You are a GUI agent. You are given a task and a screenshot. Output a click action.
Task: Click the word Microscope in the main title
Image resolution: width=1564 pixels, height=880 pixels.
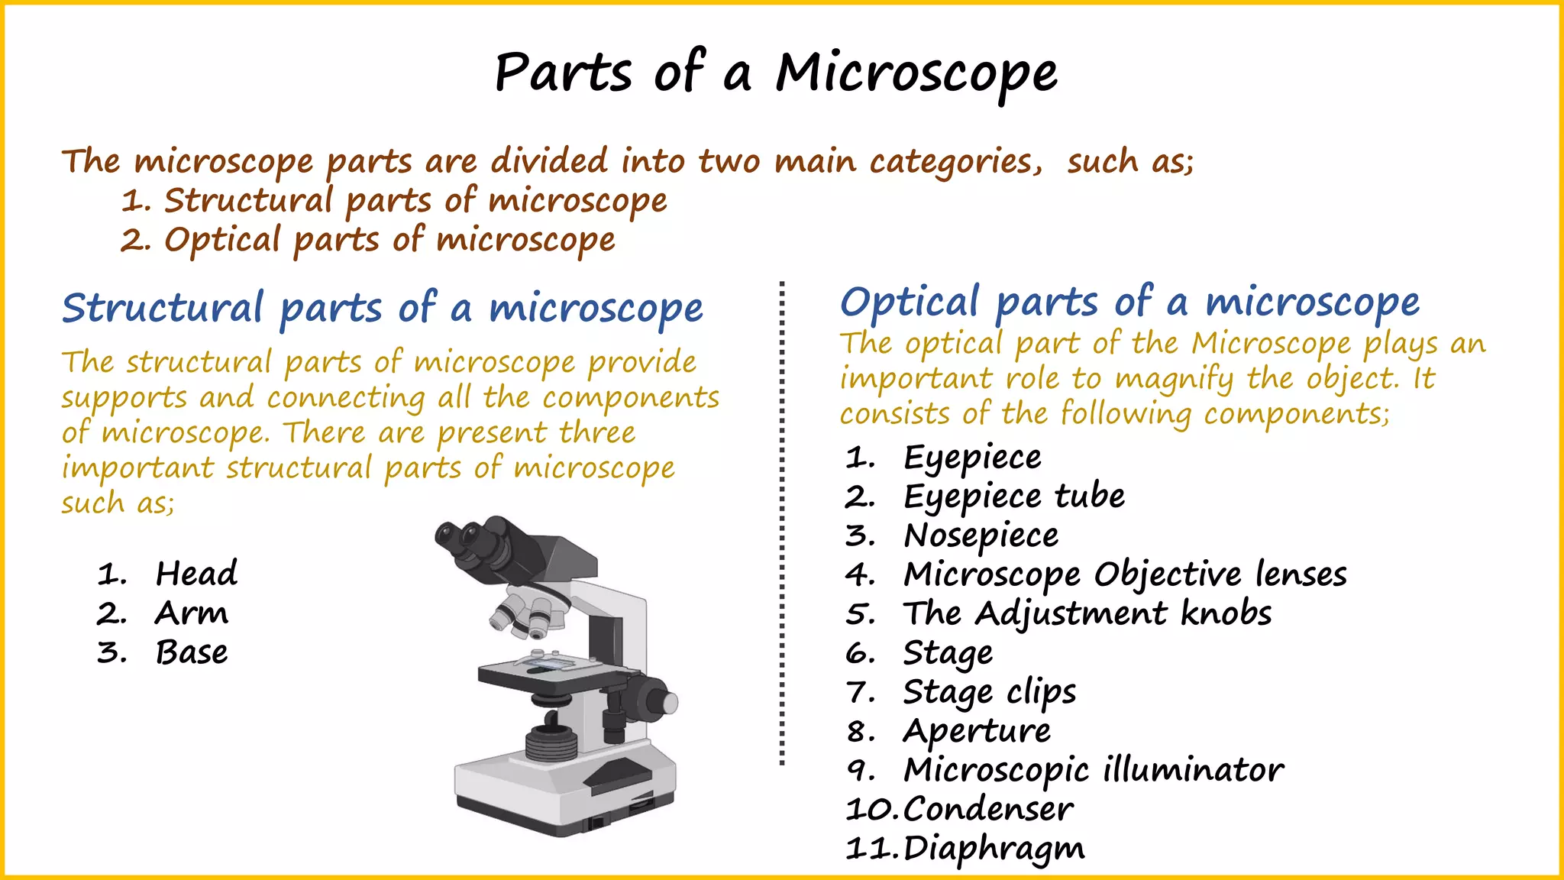[916, 74]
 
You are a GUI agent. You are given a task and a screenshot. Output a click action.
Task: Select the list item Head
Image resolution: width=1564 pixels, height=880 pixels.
[196, 574]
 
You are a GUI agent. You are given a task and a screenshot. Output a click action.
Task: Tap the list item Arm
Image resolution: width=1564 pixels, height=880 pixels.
[192, 613]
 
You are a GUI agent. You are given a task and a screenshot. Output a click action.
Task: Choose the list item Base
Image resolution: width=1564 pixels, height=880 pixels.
[192, 652]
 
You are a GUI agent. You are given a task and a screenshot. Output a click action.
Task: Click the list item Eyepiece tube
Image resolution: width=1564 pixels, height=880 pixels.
[1014, 497]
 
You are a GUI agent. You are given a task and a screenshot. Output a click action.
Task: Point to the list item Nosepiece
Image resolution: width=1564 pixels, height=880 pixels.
[981, 535]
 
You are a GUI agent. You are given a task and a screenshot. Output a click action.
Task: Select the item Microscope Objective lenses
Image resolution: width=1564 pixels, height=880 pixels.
[1125, 574]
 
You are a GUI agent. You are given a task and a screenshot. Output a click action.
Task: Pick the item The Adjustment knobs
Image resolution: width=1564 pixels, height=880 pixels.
[1087, 613]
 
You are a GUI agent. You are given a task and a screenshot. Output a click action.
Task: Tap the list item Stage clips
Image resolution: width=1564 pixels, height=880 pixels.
[990, 692]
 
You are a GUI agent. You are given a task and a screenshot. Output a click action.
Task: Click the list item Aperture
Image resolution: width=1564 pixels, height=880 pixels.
[977, 731]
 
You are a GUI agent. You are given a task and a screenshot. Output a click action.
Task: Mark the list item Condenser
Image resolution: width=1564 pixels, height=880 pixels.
[988, 809]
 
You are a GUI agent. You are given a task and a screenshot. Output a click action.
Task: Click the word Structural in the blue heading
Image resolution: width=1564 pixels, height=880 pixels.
[163, 308]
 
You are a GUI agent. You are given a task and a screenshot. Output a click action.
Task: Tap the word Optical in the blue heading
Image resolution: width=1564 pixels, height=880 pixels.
[910, 302]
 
